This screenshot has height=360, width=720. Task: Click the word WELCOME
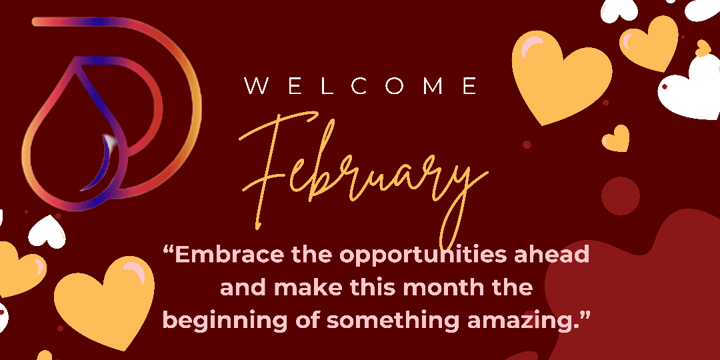pyautogui.click(x=361, y=86)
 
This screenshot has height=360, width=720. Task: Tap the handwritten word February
pyautogui.click(x=363, y=175)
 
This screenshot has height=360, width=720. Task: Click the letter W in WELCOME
pyautogui.click(x=256, y=86)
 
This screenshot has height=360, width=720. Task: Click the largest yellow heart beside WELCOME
pyautogui.click(x=560, y=77)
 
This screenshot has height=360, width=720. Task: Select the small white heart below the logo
pyautogui.click(x=47, y=231)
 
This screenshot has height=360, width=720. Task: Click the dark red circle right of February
pyautogui.click(x=621, y=196)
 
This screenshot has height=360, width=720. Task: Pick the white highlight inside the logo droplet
pyautogui.click(x=109, y=143)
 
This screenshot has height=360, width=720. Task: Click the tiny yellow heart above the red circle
pyautogui.click(x=616, y=139)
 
